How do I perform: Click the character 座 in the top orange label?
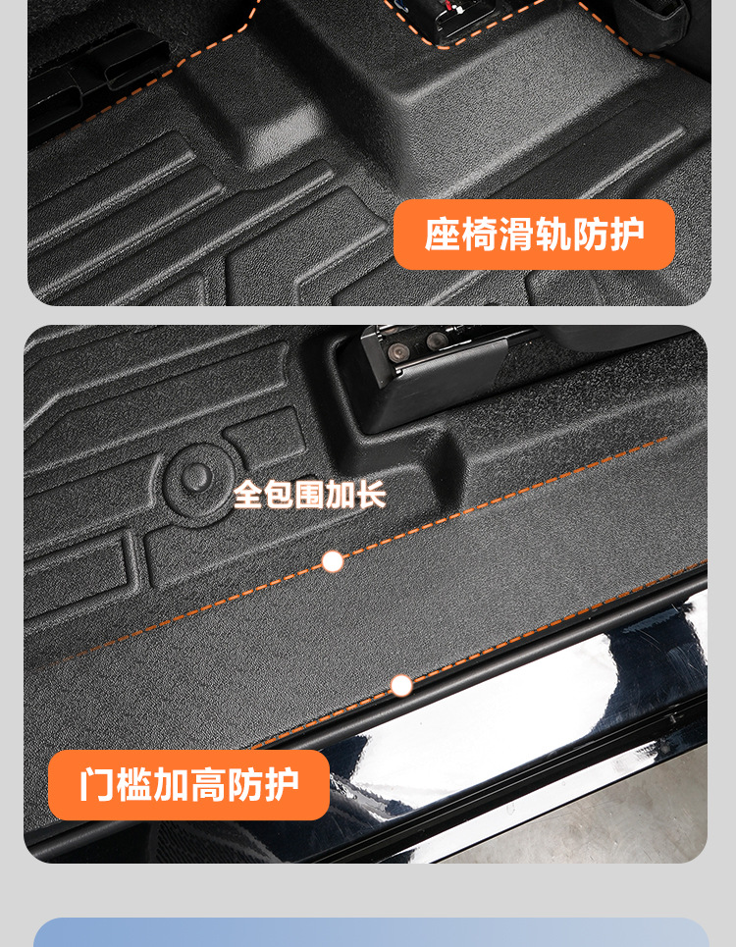click(x=443, y=235)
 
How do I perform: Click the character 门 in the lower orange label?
click(x=97, y=784)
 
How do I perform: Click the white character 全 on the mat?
click(x=247, y=495)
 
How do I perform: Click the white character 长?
click(x=371, y=495)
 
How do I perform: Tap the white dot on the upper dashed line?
click(x=332, y=561)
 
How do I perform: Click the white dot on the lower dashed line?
click(x=401, y=686)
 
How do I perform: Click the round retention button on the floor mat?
click(x=196, y=478)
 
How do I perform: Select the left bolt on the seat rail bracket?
click(x=396, y=351)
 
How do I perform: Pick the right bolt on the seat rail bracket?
click(x=436, y=340)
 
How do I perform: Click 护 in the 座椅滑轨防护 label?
click(x=627, y=235)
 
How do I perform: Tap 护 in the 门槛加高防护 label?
click(x=282, y=784)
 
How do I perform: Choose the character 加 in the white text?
click(x=340, y=495)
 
